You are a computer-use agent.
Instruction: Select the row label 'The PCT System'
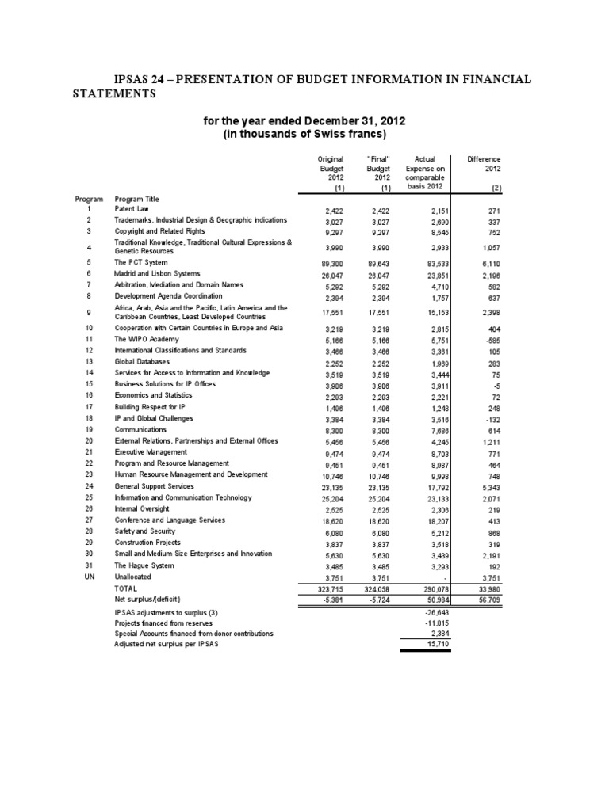click(141, 262)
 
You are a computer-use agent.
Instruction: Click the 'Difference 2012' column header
click(484, 164)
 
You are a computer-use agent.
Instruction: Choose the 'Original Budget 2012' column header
click(329, 169)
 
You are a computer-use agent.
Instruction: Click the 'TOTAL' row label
click(125, 589)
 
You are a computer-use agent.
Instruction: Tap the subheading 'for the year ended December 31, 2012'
click(304, 120)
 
